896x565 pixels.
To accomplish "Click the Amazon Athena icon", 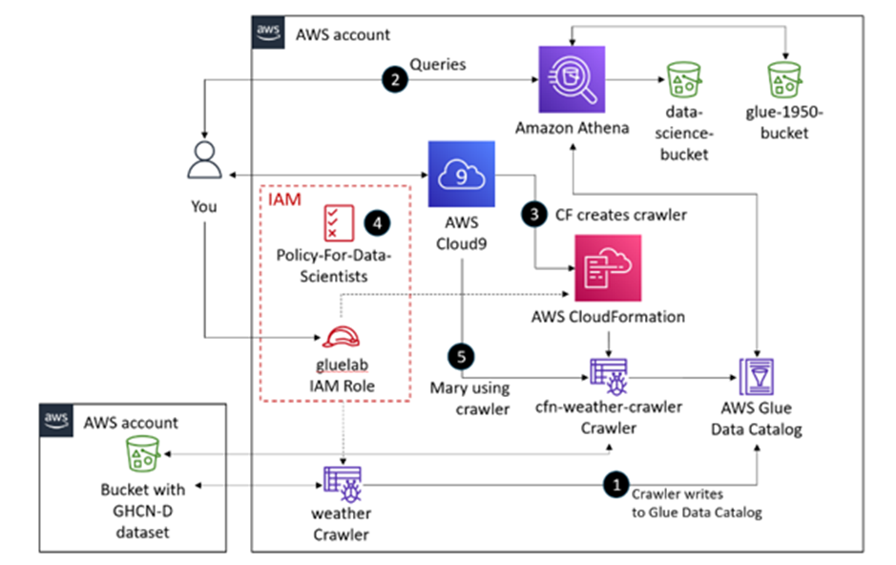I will tap(572, 79).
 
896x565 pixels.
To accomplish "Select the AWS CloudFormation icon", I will tap(608, 268).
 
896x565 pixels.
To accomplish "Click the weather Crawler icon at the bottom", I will tap(341, 484).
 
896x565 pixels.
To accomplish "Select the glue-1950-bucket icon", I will tap(787, 80).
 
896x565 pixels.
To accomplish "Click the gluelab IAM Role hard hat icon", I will tap(341, 336).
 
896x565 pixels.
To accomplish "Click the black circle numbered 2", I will tap(394, 80).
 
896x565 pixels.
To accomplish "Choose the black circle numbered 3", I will tap(533, 215).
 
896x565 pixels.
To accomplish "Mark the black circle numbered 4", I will tap(380, 222).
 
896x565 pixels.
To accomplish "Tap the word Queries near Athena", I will tap(438, 64).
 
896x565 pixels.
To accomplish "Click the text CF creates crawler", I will tap(620, 215).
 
